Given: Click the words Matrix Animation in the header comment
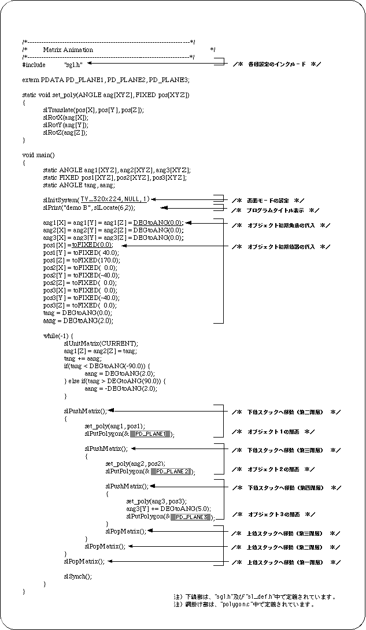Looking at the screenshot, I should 68,50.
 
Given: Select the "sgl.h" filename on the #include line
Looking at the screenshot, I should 73,65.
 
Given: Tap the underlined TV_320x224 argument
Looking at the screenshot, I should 104,199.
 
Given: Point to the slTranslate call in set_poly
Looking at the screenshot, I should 93,110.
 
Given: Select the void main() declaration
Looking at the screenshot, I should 38,155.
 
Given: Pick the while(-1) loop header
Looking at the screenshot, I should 58,336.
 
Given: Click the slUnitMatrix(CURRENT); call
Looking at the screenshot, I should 101,343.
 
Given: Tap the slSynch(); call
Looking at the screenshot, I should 77,576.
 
